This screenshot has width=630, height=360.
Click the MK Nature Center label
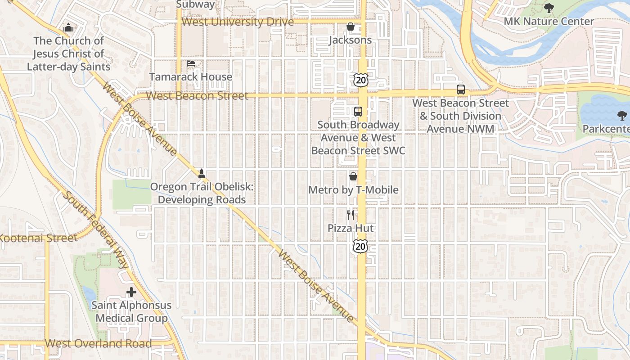[549, 21]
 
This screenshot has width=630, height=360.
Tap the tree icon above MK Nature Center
[549, 8]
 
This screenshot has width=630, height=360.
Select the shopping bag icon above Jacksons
[351, 27]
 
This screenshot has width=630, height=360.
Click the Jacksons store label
[351, 40]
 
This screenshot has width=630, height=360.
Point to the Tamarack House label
[190, 77]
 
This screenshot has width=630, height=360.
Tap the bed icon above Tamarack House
[191, 64]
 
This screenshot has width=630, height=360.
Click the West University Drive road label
[238, 22]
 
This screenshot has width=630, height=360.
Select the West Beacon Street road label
[197, 96]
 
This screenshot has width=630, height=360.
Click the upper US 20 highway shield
[361, 80]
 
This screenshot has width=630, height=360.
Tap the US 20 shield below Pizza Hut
[360, 246]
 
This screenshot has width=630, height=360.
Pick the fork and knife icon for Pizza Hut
[351, 215]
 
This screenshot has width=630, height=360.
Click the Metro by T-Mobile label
[353, 190]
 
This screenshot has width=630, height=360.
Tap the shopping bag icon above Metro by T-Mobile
[353, 176]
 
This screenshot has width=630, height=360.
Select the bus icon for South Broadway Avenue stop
[358, 112]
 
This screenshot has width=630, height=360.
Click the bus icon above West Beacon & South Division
[461, 90]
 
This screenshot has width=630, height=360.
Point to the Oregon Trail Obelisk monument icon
[202, 173]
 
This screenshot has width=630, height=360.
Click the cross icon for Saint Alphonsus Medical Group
[131, 292]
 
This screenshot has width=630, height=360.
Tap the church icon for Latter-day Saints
[68, 28]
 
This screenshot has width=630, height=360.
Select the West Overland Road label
[98, 344]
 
